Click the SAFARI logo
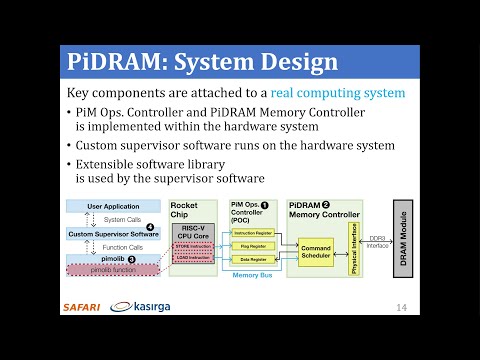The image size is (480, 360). coord(81,306)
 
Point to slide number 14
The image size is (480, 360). coord(403,306)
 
